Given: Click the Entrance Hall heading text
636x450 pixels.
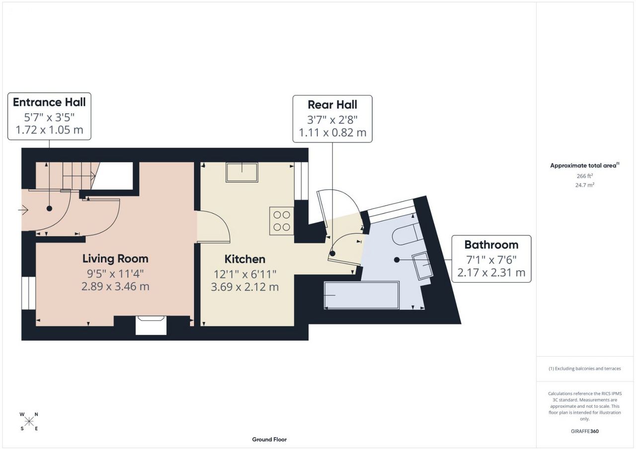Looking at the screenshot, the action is click(x=49, y=102).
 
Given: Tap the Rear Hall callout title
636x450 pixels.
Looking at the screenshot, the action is click(x=332, y=105).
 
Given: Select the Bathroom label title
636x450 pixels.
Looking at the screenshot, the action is click(x=491, y=245).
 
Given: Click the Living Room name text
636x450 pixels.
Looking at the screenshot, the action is click(x=115, y=259).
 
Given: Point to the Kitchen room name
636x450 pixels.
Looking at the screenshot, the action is click(x=245, y=259).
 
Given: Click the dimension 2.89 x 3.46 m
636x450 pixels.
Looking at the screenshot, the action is click(x=115, y=286).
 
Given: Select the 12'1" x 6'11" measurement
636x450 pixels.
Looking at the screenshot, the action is click(x=245, y=274).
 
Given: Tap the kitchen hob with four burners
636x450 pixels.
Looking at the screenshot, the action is click(x=282, y=221).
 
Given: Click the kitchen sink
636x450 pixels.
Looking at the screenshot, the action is click(x=242, y=172).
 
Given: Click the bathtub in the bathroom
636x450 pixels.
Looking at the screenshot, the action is click(x=362, y=295).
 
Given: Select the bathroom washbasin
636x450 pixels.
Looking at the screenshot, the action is click(x=422, y=265).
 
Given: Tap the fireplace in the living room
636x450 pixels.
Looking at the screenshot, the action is click(x=151, y=325).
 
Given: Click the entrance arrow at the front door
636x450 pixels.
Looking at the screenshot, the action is click(x=23, y=210).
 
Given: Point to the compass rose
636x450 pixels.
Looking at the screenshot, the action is click(x=29, y=422).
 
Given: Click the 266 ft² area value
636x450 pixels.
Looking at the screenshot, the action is click(x=585, y=176).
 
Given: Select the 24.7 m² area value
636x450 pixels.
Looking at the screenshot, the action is click(x=585, y=185).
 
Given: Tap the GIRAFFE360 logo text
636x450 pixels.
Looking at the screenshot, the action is click(x=585, y=431).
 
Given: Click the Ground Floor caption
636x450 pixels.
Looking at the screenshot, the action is click(x=269, y=440).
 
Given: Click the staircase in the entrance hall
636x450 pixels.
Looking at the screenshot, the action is click(x=68, y=175).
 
